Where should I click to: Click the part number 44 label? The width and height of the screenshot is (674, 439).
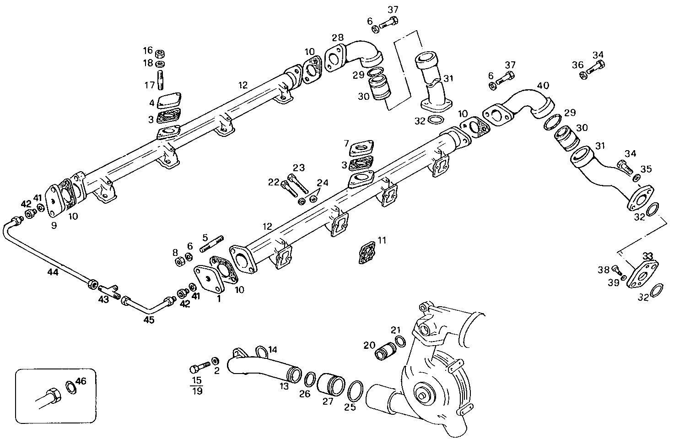(53, 272)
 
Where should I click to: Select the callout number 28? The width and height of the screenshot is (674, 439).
(338, 37)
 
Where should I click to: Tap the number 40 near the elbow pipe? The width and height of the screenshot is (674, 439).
(543, 86)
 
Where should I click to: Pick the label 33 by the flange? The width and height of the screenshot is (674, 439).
(647, 255)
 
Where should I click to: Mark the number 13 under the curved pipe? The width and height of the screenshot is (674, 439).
(284, 386)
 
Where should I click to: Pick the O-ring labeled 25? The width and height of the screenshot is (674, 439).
(356, 391)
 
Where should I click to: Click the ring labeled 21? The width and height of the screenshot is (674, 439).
(400, 341)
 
